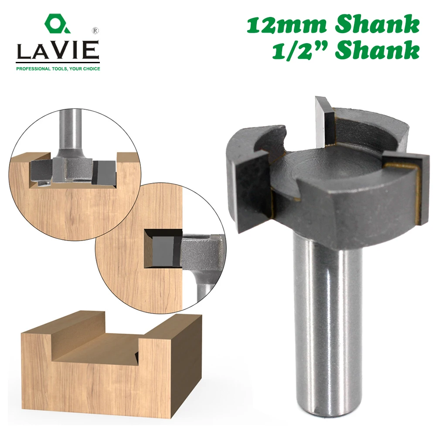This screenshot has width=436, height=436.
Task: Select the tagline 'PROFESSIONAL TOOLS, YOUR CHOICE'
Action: pos(58,68)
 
